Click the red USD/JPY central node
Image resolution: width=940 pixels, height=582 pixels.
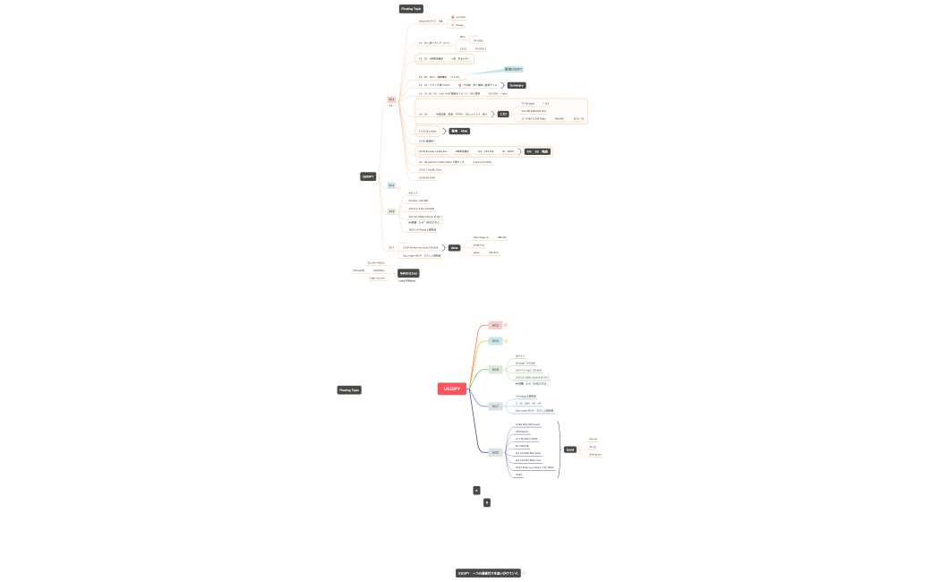point(452,389)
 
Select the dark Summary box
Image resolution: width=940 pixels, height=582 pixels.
point(517,85)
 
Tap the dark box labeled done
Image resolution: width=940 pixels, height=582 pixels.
point(454,247)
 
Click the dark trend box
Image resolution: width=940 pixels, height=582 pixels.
point(570,449)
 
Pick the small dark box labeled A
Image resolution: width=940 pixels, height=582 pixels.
point(476,490)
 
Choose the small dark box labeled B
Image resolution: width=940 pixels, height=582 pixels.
point(487,502)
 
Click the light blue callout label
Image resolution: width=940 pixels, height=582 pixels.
point(514,69)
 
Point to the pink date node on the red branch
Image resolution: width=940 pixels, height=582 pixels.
point(495,325)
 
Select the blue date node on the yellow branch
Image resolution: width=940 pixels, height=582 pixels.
point(495,340)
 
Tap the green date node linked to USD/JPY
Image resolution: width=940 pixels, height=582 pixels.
point(495,370)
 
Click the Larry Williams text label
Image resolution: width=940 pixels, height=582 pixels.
point(406,281)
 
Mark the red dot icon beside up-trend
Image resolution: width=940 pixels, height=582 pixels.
point(453,17)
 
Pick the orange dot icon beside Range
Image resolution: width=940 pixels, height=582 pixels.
point(453,25)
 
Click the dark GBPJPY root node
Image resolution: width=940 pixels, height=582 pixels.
point(368,176)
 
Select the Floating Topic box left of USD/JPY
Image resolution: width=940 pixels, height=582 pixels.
point(349,389)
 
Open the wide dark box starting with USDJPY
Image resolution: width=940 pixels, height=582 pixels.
point(488,573)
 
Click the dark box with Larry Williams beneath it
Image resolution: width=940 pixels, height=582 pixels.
point(408,273)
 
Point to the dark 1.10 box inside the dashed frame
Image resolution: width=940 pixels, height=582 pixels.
point(503,114)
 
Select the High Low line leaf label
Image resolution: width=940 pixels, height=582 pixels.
point(377,278)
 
